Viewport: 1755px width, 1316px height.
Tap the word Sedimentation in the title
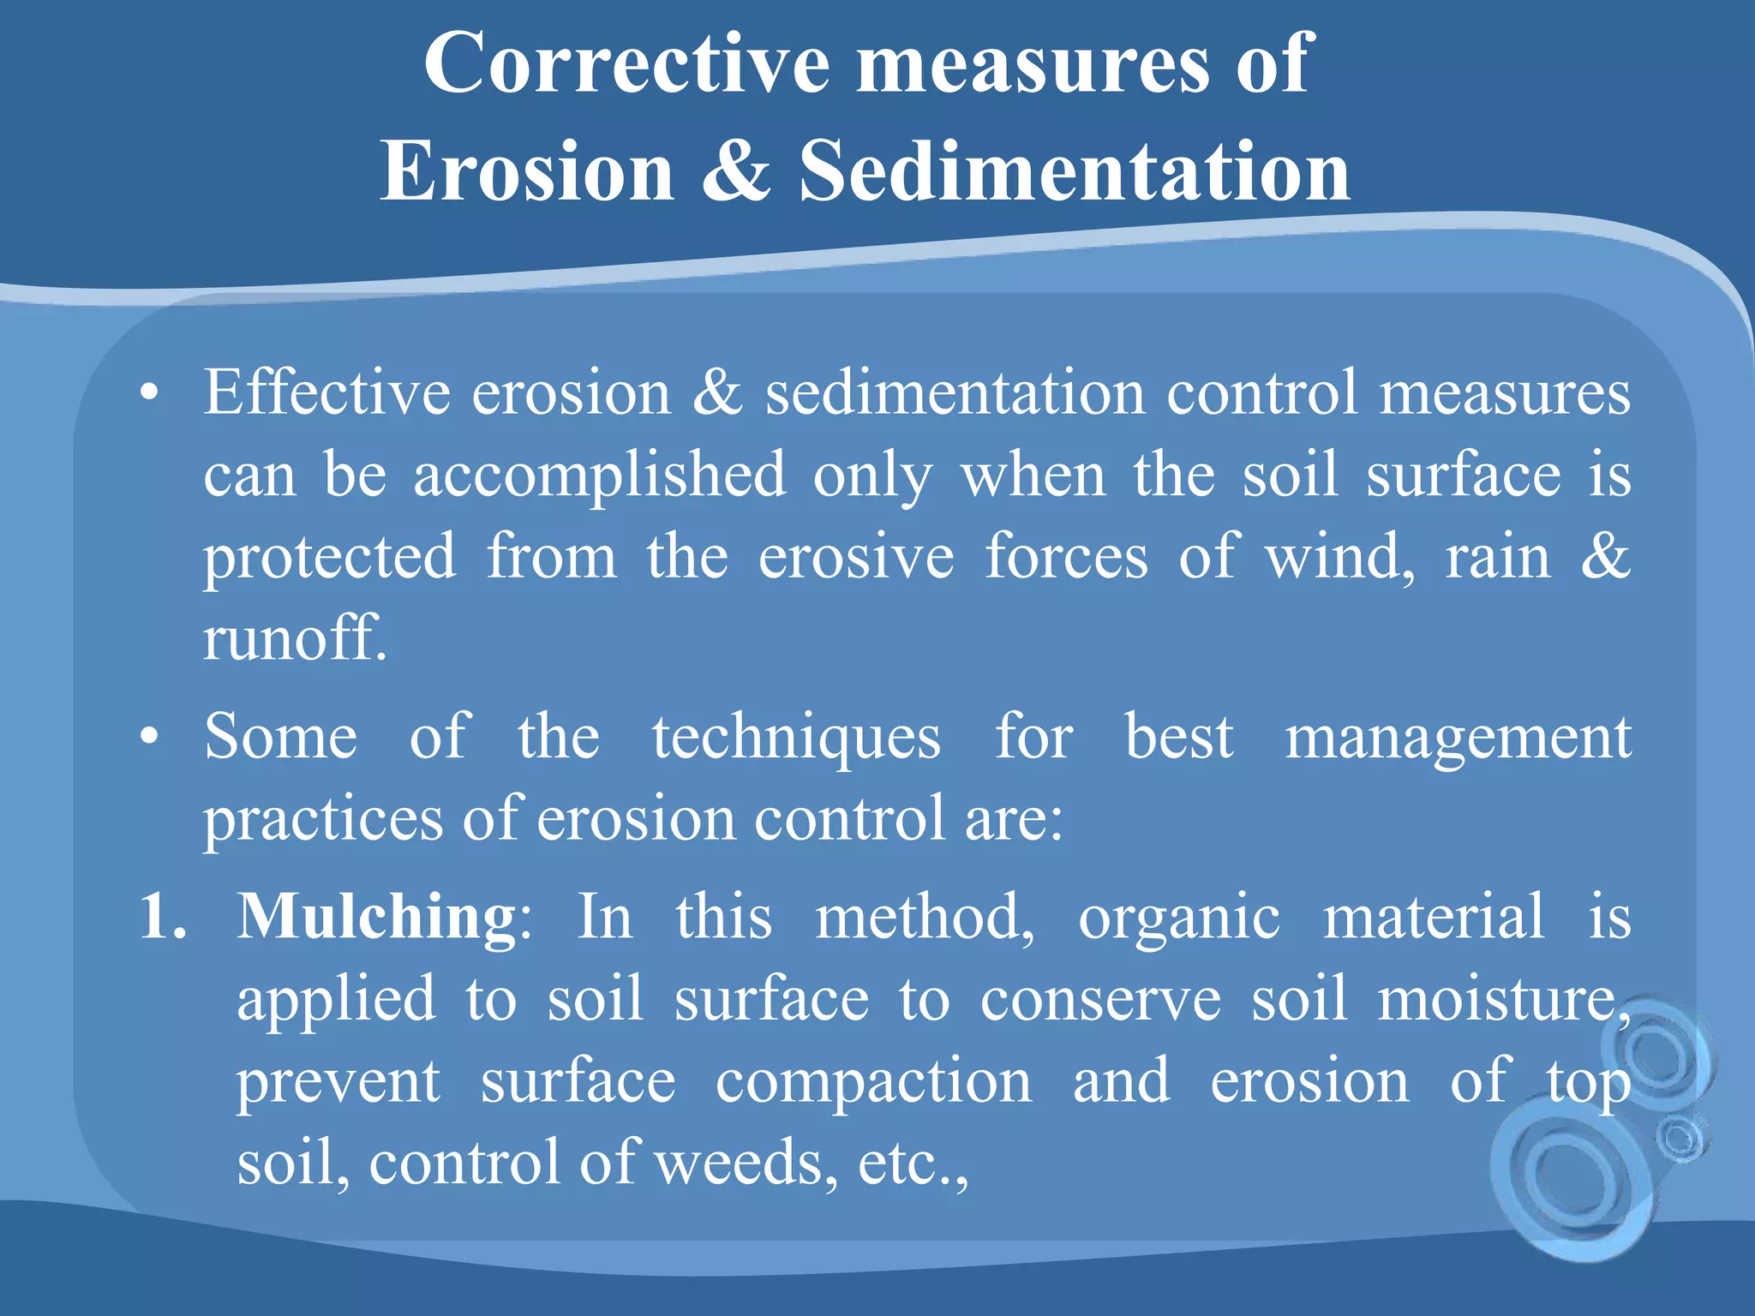[1075, 171]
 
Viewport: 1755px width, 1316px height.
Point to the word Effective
[326, 392]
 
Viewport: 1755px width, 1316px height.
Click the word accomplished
[599, 476]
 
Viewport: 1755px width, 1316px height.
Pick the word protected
[329, 558]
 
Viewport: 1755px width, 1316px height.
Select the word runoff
[294, 638]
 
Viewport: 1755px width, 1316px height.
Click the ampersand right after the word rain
[1605, 556]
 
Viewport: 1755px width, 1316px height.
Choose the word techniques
[796, 738]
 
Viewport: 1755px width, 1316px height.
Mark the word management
[1458, 738]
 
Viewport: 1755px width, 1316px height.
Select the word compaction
[874, 1082]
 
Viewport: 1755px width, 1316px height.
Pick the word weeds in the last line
[745, 1163]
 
